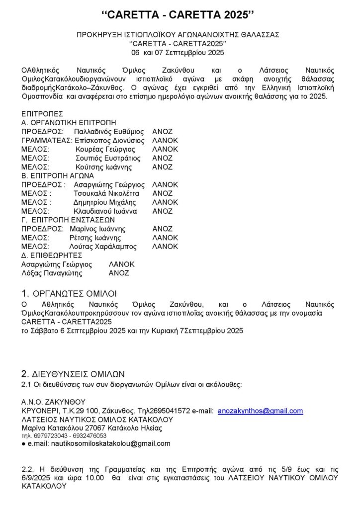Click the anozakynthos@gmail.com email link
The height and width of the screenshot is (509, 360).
(x=260, y=411)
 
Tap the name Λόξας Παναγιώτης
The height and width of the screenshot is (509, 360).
(x=52, y=273)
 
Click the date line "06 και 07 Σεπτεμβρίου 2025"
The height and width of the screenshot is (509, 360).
(x=178, y=52)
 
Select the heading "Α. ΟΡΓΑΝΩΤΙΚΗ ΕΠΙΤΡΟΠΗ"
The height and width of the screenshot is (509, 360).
(x=69, y=123)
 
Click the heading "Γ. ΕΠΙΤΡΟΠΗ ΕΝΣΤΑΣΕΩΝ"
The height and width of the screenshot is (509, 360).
(x=68, y=220)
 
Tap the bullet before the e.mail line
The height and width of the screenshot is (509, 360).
(x=23, y=443)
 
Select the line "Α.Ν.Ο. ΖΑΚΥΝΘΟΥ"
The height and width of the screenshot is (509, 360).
(x=53, y=402)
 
